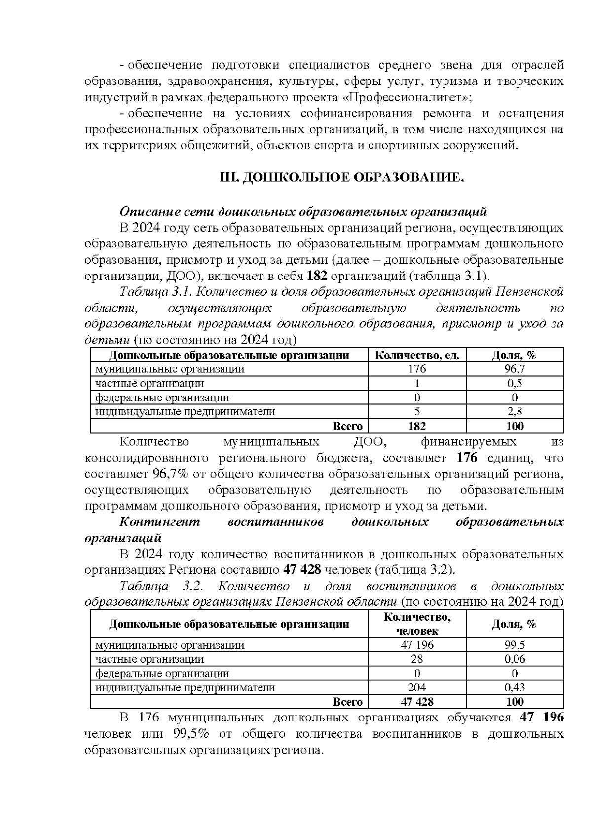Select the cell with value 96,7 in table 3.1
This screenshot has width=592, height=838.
[515, 369]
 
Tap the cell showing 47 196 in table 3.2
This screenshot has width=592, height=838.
[417, 645]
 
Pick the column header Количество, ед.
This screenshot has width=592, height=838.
[417, 355]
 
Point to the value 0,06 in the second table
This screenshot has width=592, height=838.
[515, 659]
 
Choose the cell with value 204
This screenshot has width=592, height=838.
[417, 687]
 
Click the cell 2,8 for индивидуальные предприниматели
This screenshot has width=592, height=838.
[515, 411]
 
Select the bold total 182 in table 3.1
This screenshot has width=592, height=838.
[417, 426]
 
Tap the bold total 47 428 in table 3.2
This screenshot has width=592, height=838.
[417, 702]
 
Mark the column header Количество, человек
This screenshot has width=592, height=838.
[417, 624]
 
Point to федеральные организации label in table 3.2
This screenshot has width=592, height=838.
[162, 673]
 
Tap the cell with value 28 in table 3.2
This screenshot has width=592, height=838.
[417, 659]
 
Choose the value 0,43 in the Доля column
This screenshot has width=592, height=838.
[515, 687]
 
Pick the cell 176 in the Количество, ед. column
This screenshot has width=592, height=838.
[417, 369]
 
